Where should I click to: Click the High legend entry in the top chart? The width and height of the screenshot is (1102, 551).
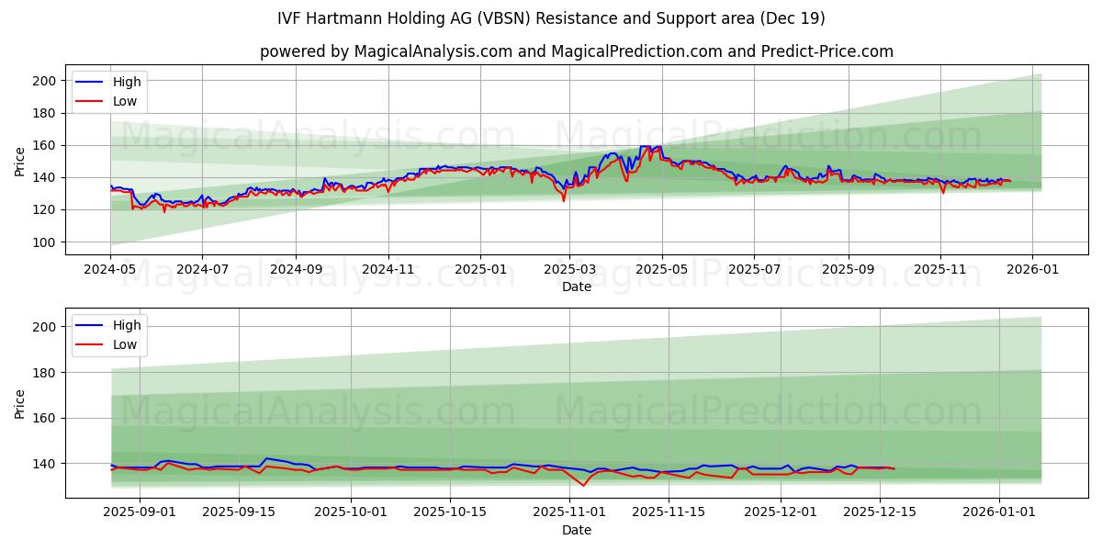(126, 83)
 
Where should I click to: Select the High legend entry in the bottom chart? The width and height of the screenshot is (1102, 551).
(126, 325)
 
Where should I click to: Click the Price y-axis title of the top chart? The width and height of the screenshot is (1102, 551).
(20, 161)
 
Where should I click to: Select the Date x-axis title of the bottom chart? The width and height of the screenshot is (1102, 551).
(577, 530)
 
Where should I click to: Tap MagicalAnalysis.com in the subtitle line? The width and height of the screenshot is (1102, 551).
(420, 51)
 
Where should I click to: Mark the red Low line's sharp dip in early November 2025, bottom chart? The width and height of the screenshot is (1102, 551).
(583, 486)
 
